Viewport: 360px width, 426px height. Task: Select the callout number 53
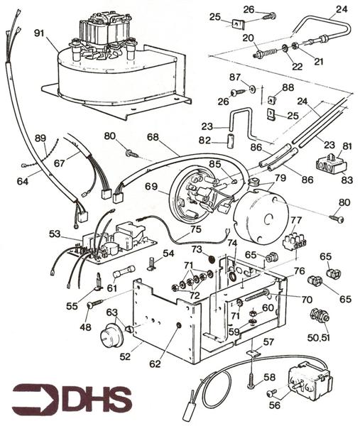click(55, 234)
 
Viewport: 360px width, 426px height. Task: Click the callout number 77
click(295, 220)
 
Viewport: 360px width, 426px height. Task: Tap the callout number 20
click(248, 38)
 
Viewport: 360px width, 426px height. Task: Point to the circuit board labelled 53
click(114, 241)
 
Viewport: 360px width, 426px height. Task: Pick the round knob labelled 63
click(109, 334)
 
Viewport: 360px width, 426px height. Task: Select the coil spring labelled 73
click(211, 261)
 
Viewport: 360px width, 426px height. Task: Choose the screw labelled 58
click(251, 381)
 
